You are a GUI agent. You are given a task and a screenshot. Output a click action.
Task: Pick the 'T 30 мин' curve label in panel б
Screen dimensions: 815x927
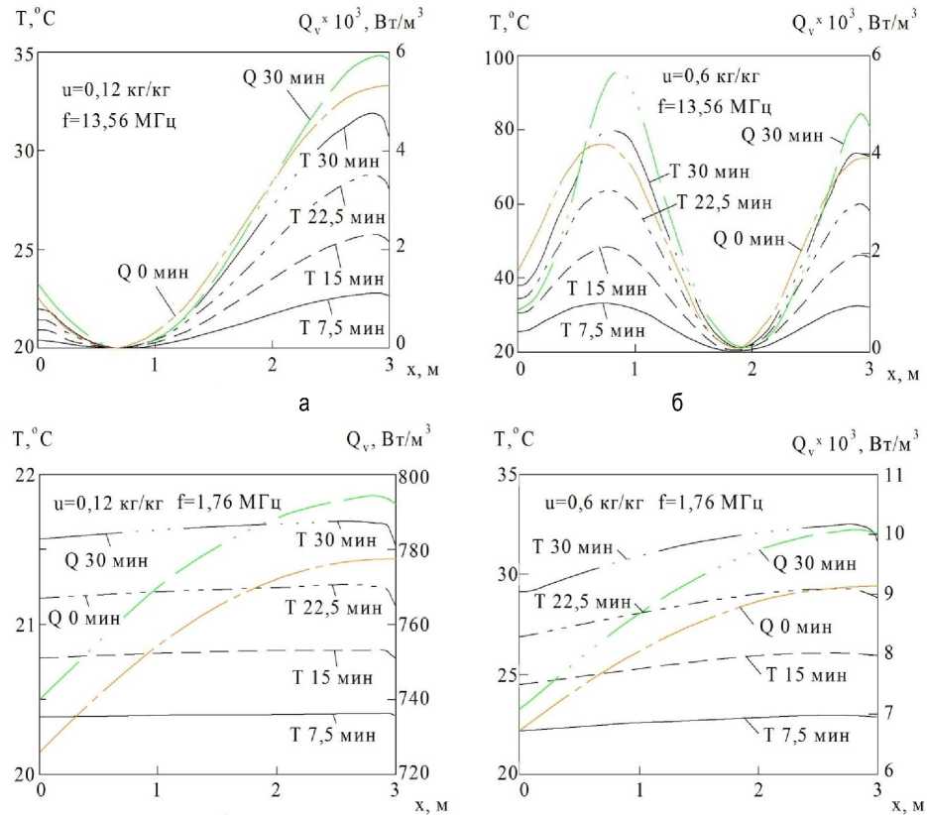coord(709,172)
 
